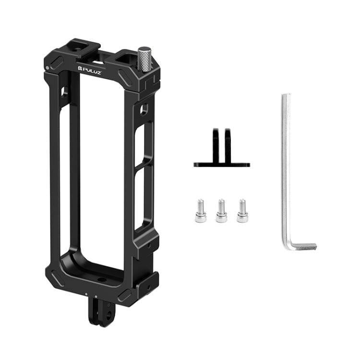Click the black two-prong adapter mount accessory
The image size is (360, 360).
[x=221, y=149]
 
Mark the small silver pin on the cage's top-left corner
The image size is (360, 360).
[x=47, y=68]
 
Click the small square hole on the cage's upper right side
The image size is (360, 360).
[x=144, y=110]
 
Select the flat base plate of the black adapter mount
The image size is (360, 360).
[x=221, y=164]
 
